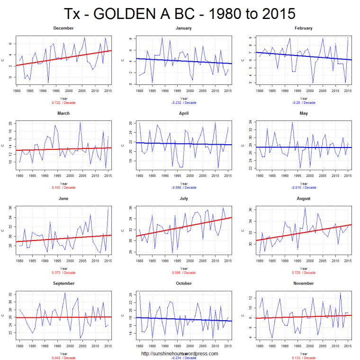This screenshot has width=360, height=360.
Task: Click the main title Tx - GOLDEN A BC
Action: (x=180, y=13)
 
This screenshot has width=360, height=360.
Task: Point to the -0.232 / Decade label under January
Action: (x=184, y=102)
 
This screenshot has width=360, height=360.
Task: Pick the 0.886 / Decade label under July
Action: (x=184, y=273)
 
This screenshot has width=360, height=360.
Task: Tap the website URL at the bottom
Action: (x=180, y=353)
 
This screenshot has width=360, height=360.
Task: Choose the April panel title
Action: (x=184, y=113)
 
